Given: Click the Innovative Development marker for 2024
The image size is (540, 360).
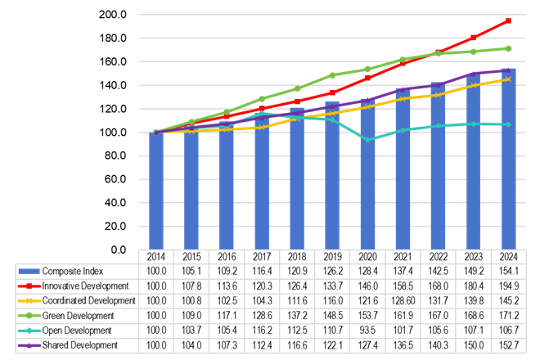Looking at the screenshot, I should pos(508,20).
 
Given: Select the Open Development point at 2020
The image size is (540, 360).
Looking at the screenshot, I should pos(367,140).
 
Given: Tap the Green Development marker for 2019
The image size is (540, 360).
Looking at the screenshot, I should pos(332,75).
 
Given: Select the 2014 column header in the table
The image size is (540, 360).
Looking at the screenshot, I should pos(155,256).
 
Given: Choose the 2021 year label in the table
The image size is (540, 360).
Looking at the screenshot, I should pos(403,256).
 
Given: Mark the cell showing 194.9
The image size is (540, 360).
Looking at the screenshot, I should pos(509,286).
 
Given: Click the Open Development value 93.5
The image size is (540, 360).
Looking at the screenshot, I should pos(367,330).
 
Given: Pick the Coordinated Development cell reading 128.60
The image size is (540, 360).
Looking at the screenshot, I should pos(403,300).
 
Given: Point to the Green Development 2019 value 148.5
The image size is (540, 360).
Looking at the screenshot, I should pos(332,315).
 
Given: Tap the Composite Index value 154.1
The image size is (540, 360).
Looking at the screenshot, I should pos(509,271).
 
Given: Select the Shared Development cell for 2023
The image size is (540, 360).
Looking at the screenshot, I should pos(473,344).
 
